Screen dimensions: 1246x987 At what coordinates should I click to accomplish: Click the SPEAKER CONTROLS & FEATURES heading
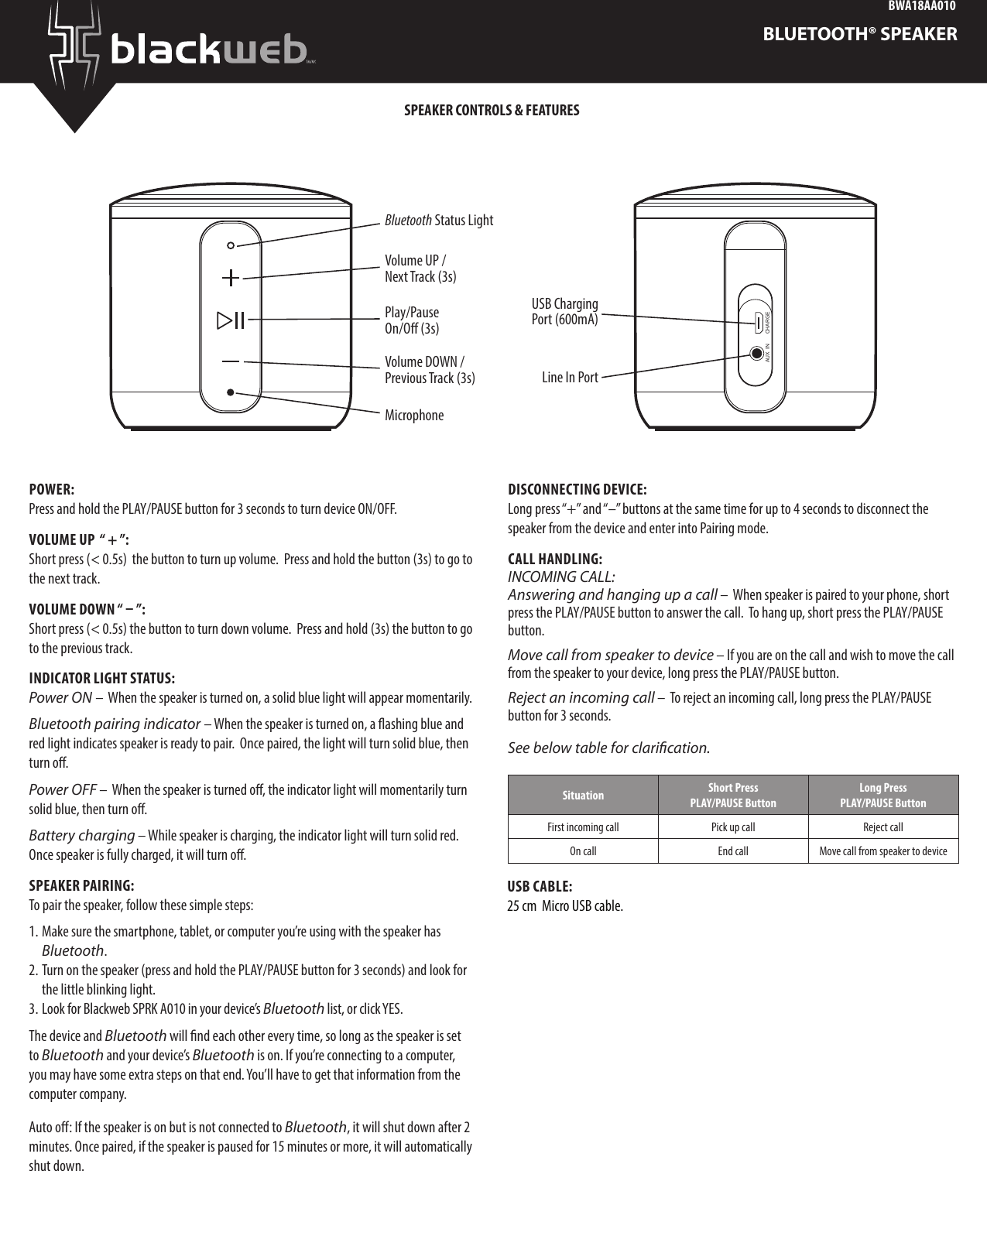492,110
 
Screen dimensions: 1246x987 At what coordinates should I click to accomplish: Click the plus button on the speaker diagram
231,277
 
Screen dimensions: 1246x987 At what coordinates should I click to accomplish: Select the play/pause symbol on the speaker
231,320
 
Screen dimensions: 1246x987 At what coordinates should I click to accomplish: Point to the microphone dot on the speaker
231,392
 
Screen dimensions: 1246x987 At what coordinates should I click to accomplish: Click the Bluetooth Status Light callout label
439,221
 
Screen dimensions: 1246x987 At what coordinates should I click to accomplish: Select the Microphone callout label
415,416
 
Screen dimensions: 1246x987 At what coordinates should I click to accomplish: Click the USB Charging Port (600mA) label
564,311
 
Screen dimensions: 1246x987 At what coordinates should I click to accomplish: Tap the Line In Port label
570,378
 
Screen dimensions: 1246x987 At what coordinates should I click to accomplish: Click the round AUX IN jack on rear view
757,353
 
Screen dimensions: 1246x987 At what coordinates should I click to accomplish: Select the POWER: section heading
52,490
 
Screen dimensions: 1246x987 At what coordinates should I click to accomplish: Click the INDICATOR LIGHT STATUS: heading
101,679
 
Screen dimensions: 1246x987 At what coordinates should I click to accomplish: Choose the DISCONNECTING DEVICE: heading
577,490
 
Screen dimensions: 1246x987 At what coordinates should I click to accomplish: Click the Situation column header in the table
583,795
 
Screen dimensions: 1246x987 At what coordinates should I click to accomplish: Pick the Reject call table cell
883,827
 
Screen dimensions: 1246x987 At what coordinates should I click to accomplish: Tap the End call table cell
732,851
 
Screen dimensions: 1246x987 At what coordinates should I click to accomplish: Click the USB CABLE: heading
540,886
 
